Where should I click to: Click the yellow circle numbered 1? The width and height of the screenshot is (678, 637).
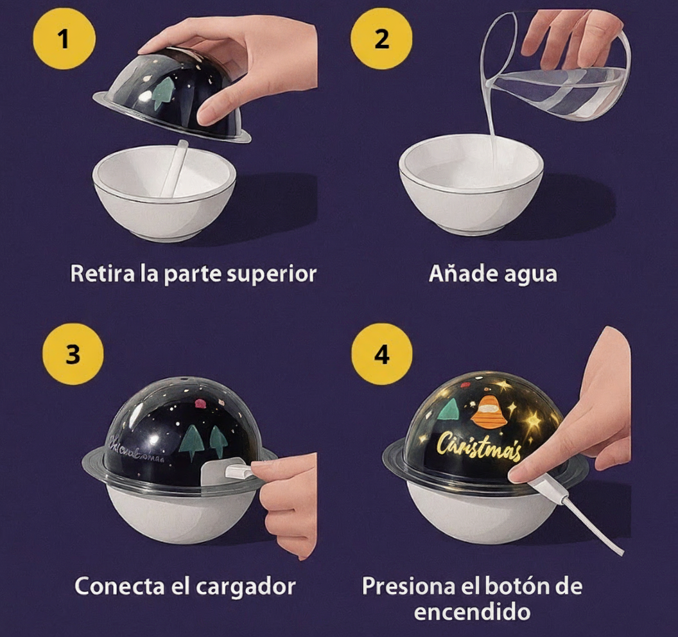pyautogui.click(x=63, y=39)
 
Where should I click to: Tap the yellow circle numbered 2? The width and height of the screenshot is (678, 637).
pyautogui.click(x=381, y=39)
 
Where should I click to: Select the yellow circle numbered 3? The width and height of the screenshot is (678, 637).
pyautogui.click(x=73, y=354)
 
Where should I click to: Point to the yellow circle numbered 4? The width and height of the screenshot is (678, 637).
pyautogui.click(x=382, y=354)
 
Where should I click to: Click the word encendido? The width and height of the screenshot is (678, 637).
pyautogui.click(x=472, y=611)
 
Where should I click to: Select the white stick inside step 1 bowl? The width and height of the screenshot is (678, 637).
pyautogui.click(x=175, y=168)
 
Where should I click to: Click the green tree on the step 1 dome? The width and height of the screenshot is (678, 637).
pyautogui.click(x=163, y=93)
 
